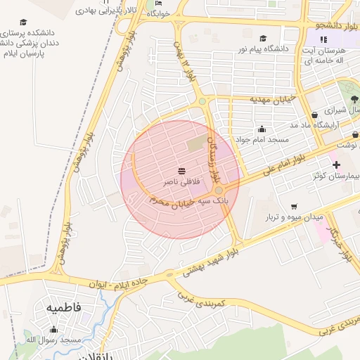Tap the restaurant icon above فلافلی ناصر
pos(182,171)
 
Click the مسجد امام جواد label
pos(262,140)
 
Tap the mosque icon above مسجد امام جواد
pos(262,129)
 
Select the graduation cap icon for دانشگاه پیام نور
pos(263,38)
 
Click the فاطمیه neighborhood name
pos(63,307)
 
